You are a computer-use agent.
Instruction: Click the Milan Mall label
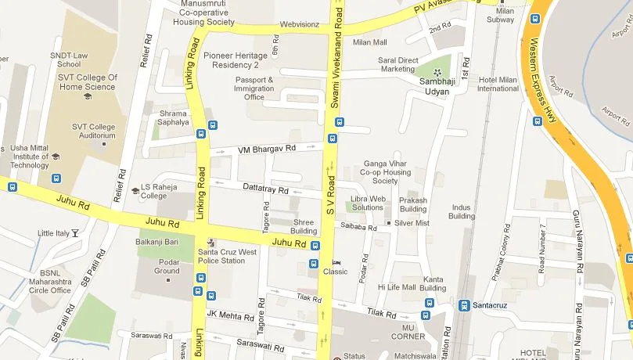[x=369, y=42]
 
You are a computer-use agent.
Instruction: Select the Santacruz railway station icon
[x=464, y=305]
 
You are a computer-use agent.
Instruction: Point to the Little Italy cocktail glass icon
[x=75, y=233]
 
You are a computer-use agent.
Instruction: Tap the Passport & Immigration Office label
[x=254, y=88]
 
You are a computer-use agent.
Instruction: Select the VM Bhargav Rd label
[x=268, y=148]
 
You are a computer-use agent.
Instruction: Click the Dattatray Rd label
[x=266, y=190]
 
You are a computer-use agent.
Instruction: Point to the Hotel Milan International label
[x=498, y=84]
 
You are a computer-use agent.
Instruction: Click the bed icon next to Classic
[x=336, y=261]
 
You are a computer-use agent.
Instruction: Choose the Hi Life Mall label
[x=397, y=287]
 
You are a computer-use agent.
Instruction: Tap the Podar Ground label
[x=167, y=267]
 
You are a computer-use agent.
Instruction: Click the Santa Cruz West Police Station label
[x=227, y=256]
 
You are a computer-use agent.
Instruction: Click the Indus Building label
[x=462, y=211]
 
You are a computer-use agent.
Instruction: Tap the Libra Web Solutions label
[x=367, y=203]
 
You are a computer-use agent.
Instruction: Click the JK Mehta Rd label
[x=230, y=315]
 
